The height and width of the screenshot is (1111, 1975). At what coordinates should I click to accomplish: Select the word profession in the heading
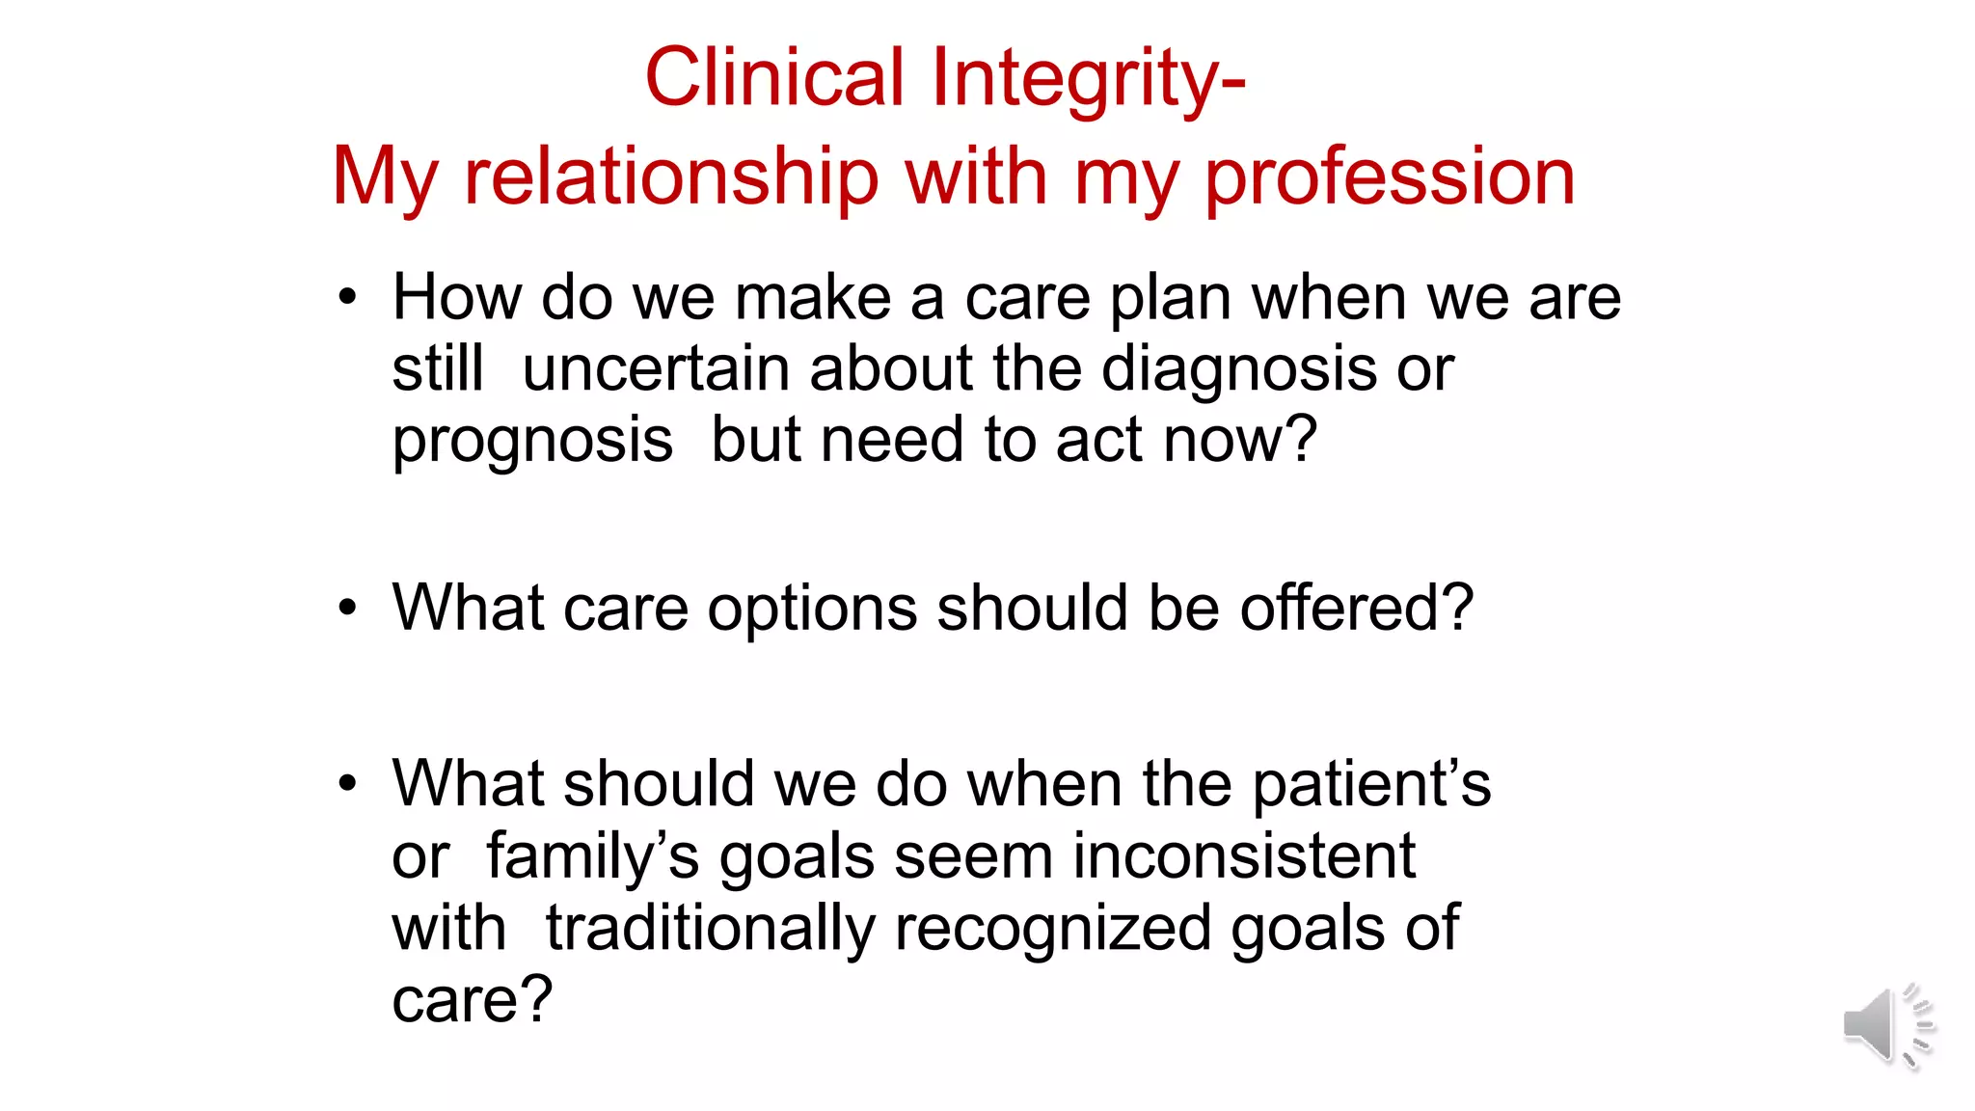pyautogui.click(x=1390, y=177)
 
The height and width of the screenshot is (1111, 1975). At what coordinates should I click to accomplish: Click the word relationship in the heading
pyautogui.click(x=671, y=177)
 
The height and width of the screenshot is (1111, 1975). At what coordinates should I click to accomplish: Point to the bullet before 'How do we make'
pyautogui.click(x=347, y=297)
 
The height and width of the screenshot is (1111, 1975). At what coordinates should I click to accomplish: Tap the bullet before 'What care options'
pyautogui.click(x=347, y=609)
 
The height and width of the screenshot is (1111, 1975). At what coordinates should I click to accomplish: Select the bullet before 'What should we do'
pyautogui.click(x=347, y=783)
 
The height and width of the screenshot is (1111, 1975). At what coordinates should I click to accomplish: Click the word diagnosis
pyautogui.click(x=1238, y=369)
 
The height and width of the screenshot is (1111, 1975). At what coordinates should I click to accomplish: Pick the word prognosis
pyautogui.click(x=532, y=442)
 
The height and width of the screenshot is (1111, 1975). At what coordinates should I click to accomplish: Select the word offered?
pyautogui.click(x=1356, y=609)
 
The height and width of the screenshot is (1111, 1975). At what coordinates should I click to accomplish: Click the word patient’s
pyautogui.click(x=1371, y=784)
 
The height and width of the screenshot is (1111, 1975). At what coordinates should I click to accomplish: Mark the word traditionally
pyautogui.click(x=710, y=929)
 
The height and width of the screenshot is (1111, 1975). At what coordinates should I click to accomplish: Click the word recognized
pyautogui.click(x=1052, y=929)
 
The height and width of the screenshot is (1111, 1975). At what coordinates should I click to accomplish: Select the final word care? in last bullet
pyautogui.click(x=472, y=1000)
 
